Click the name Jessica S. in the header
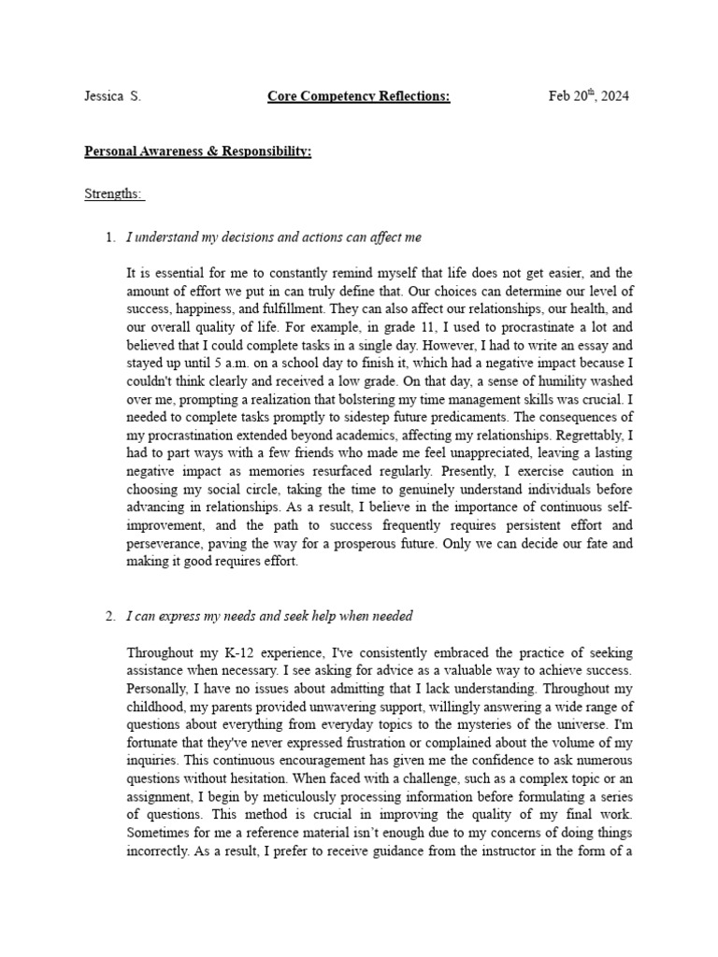112,97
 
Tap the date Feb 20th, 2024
588,96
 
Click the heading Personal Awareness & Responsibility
198,150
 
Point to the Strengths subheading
114,194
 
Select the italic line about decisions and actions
274,237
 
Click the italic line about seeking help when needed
269,616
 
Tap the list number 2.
109,616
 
